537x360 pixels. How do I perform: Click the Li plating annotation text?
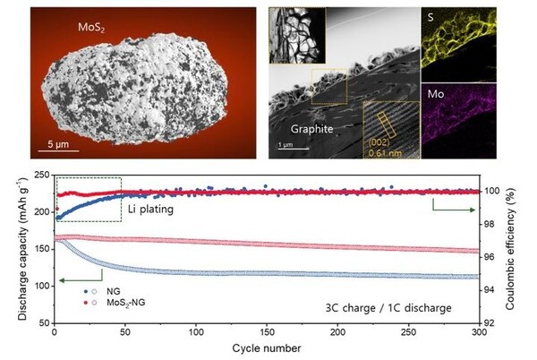[146, 209]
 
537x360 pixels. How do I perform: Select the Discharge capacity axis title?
[13, 249]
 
